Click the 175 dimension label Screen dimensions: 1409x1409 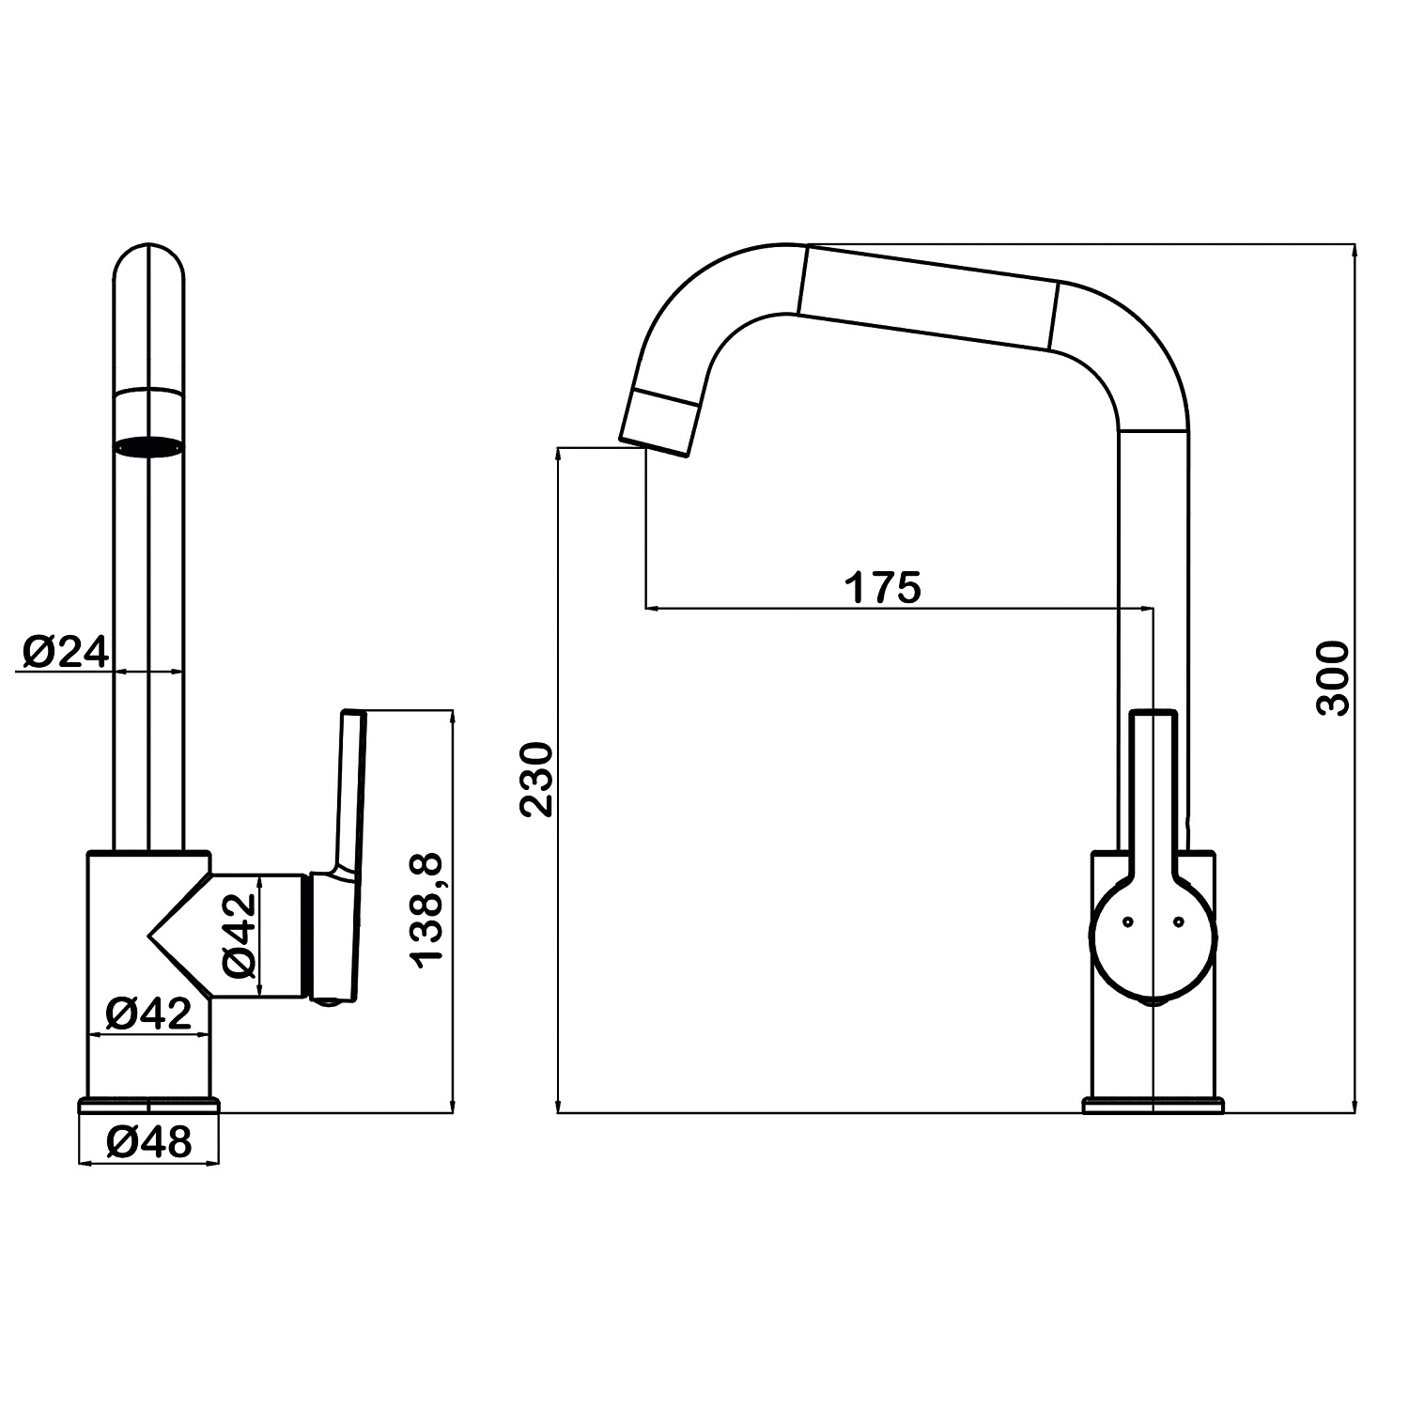point(883,587)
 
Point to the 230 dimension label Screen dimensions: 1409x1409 point(536,780)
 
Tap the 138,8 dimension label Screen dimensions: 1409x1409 point(427,910)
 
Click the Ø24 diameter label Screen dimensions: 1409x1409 point(64,651)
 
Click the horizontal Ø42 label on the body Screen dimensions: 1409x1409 point(148,1013)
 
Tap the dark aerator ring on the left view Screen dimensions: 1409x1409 point(148,447)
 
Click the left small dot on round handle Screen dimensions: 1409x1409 point(1127,922)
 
